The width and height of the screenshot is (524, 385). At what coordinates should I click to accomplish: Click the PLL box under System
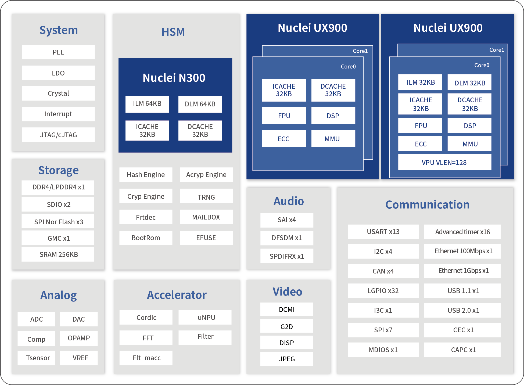click(x=58, y=52)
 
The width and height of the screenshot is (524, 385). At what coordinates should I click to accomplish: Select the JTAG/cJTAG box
click(x=58, y=135)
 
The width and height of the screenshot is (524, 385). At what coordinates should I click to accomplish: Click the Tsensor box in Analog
click(x=37, y=358)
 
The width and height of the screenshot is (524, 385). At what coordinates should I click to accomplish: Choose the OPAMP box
click(x=79, y=338)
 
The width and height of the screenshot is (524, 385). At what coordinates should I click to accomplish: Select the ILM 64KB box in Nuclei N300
click(x=147, y=104)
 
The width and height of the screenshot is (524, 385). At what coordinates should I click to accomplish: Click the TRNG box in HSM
click(x=206, y=196)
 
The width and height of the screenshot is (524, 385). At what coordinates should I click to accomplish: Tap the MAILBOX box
click(x=206, y=217)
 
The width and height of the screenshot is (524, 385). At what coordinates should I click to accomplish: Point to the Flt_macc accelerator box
click(x=146, y=358)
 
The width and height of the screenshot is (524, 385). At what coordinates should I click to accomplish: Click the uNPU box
click(x=205, y=318)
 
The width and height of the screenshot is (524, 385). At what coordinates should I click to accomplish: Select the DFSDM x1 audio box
click(x=287, y=238)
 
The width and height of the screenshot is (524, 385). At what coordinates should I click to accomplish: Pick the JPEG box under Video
click(x=287, y=359)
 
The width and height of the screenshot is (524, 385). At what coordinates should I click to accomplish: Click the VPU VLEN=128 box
click(x=445, y=162)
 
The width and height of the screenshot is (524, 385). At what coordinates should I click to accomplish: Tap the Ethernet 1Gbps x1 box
click(x=462, y=271)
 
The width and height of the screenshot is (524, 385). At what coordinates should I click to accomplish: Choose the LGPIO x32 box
click(x=383, y=291)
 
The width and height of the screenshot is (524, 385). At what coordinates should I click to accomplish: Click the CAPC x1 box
click(x=462, y=350)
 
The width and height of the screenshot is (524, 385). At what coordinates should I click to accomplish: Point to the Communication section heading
click(x=428, y=205)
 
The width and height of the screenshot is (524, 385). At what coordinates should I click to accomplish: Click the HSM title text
click(x=173, y=32)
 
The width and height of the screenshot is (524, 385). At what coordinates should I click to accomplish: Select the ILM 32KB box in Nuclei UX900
click(x=420, y=82)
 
